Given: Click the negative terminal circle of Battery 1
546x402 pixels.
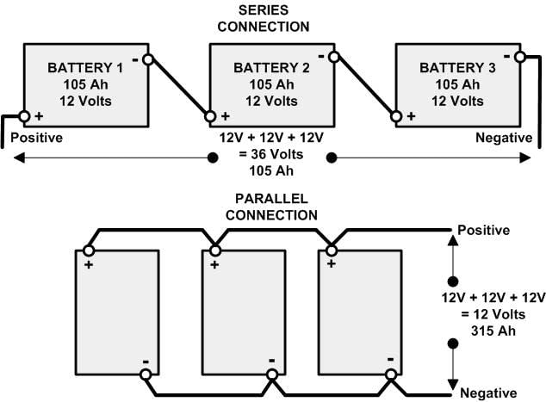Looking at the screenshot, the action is [x=148, y=60].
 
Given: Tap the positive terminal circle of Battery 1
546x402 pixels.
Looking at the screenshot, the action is [x=24, y=116].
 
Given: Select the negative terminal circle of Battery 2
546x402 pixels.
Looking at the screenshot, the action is [x=334, y=57].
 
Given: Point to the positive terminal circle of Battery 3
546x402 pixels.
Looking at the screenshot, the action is [x=396, y=116].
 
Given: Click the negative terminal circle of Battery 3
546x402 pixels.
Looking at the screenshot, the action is [x=520, y=57].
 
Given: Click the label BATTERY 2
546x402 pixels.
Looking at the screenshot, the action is [x=271, y=68].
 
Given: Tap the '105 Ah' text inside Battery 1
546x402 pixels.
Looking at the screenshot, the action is [x=85, y=84].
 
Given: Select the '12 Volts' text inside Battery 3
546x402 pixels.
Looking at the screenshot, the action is [x=457, y=102].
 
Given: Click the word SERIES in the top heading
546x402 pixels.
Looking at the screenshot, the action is [x=264, y=10].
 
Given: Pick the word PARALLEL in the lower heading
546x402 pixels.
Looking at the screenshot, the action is [x=271, y=199].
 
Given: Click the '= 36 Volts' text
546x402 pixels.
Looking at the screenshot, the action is [x=271, y=154].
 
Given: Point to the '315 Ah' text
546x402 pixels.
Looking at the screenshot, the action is [x=493, y=331].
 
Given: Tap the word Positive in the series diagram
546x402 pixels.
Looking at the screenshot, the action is [x=36, y=138].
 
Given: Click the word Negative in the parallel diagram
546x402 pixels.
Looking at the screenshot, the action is [x=488, y=393].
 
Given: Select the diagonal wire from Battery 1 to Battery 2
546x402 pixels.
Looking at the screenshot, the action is [x=179, y=88].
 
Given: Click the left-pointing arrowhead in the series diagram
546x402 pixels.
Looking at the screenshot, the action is [x=19, y=158].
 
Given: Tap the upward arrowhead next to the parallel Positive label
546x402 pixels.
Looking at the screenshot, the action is [x=453, y=241].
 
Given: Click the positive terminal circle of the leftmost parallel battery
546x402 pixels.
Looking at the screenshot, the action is [x=89, y=250].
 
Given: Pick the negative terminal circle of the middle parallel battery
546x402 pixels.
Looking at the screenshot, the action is [x=272, y=374].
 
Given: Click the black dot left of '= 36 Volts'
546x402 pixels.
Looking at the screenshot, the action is [x=213, y=158].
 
